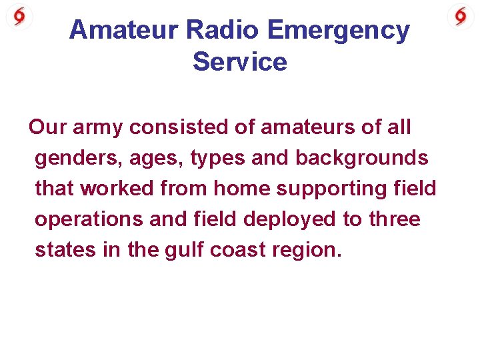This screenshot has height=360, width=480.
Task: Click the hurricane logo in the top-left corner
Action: (19, 16)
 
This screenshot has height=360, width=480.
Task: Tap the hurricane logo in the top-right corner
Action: (461, 16)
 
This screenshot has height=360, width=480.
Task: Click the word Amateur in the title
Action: (124, 30)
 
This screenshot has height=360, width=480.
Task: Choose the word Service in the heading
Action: (240, 62)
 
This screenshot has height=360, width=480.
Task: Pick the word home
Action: (241, 189)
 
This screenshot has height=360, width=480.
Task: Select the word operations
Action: (89, 219)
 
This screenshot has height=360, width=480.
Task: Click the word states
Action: (61, 250)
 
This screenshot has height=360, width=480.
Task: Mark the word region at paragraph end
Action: (307, 250)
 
